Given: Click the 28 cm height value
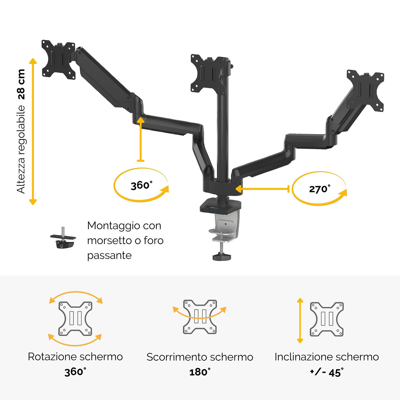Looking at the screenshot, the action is (x=21, y=84).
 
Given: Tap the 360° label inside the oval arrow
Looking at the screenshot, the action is (x=142, y=185).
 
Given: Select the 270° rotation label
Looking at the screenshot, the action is (x=320, y=189).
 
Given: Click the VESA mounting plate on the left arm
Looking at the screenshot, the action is (x=58, y=59).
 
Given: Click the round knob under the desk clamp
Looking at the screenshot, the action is (x=222, y=257).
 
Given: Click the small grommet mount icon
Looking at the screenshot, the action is (x=63, y=238).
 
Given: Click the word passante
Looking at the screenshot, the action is (x=109, y=255).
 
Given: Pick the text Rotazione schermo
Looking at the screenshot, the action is (x=75, y=357).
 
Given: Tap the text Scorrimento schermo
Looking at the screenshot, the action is (x=200, y=357).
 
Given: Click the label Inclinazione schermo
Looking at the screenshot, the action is (x=327, y=357).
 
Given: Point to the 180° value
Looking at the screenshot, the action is (x=200, y=372).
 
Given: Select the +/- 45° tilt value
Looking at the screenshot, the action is (x=327, y=372).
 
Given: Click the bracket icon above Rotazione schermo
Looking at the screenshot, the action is (x=75, y=319).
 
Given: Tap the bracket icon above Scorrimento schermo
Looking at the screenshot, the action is (x=200, y=317).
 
